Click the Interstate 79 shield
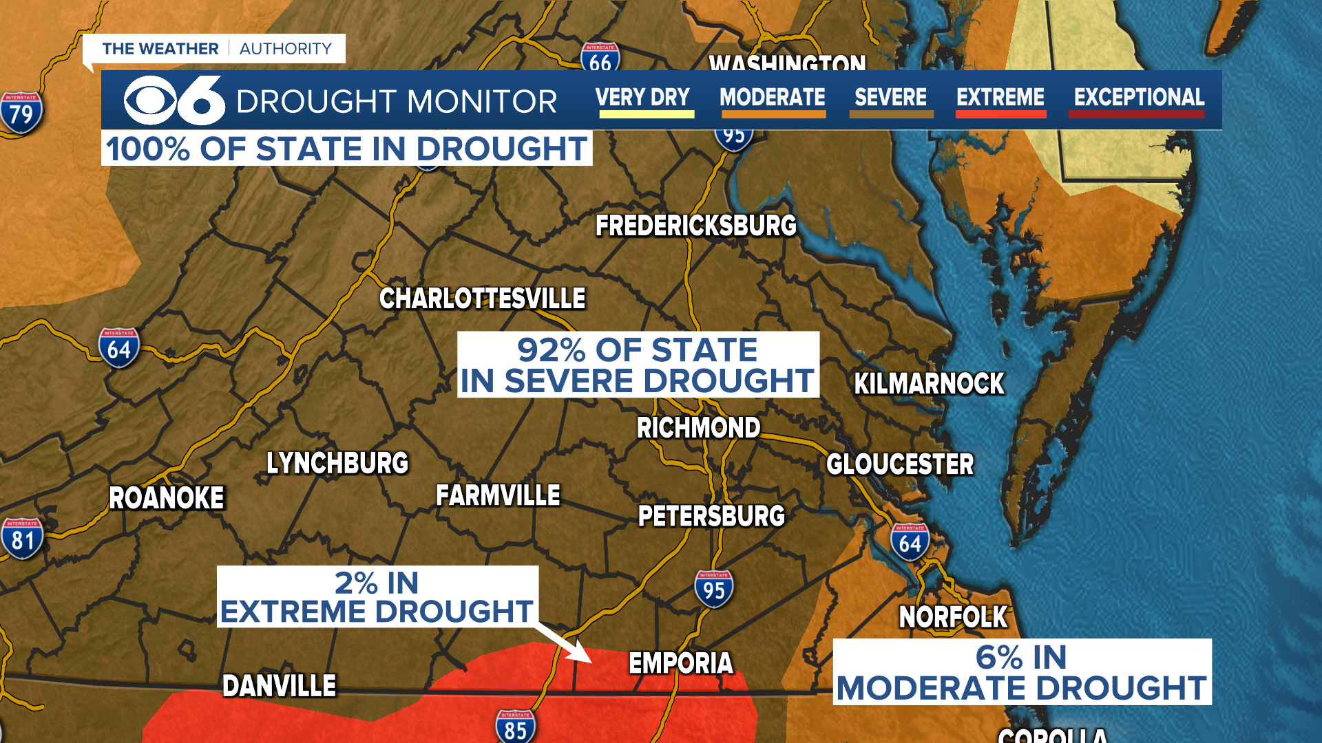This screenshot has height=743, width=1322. [21, 112]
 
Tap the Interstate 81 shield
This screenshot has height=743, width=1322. [22, 539]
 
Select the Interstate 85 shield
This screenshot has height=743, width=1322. [515, 728]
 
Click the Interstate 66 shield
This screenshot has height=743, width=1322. [600, 59]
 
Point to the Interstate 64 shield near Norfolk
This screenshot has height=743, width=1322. [910, 542]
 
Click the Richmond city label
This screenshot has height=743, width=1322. [698, 428]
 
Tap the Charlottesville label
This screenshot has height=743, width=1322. [482, 299]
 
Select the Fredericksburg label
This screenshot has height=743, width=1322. [695, 226]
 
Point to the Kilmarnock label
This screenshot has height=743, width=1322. [929, 384]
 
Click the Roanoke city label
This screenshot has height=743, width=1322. [167, 498]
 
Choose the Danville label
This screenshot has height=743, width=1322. [279, 686]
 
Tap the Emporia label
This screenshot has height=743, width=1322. [681, 663]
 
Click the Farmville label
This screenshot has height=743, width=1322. [498, 495]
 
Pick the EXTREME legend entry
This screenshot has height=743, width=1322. [1000, 98]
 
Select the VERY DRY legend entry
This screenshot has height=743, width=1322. [642, 98]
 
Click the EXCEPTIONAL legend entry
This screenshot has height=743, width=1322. [1139, 98]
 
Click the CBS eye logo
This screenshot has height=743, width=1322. [150, 100]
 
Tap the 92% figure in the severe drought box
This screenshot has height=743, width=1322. [551, 350]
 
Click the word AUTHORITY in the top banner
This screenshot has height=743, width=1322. [286, 49]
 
